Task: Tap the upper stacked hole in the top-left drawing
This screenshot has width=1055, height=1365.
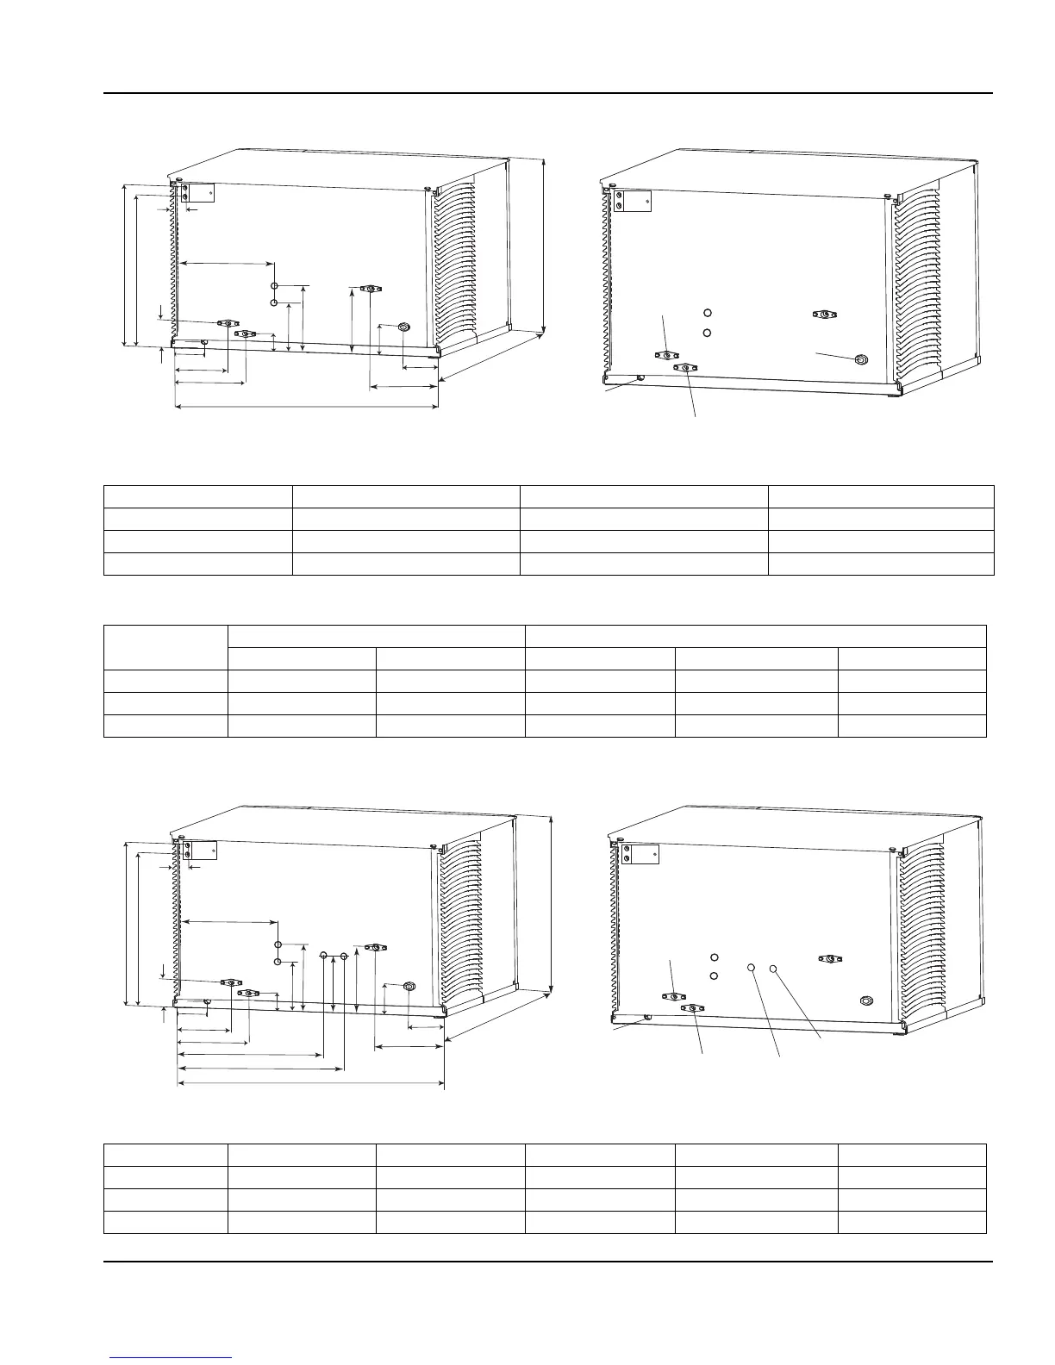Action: (274, 286)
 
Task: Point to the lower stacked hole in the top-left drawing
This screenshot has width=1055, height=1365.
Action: (274, 302)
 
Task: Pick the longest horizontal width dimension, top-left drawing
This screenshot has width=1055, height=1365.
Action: (306, 405)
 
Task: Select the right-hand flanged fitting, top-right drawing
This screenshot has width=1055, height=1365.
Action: (825, 315)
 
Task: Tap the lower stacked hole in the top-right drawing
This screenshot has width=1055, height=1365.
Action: (707, 333)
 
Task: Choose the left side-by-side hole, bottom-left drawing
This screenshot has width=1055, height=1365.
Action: (323, 955)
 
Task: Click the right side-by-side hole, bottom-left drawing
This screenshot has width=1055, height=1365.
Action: (344, 955)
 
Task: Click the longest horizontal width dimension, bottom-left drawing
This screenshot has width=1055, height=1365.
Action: (310, 1084)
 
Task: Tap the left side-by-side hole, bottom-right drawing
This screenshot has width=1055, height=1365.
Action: (752, 968)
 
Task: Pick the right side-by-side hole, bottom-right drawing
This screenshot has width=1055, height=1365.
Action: (773, 968)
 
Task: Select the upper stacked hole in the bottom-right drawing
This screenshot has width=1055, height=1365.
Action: (715, 957)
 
